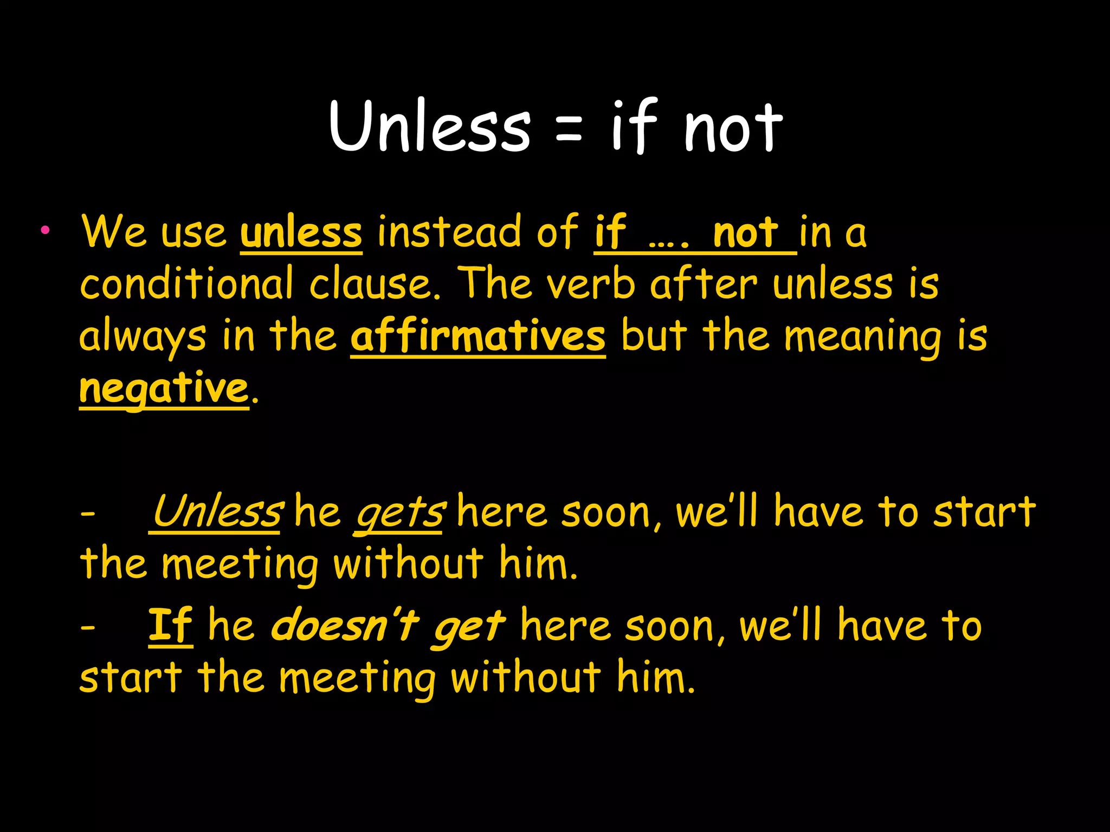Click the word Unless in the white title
click(x=429, y=127)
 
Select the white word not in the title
click(x=733, y=128)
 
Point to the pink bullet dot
click(x=45, y=230)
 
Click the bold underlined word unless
click(x=301, y=233)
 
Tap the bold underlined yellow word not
click(x=746, y=233)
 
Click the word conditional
click(x=187, y=284)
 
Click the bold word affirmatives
click(x=477, y=336)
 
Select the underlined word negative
click(x=164, y=389)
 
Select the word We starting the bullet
click(x=114, y=232)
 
